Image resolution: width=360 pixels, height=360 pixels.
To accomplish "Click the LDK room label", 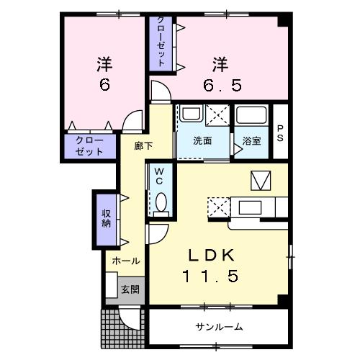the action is [212, 255].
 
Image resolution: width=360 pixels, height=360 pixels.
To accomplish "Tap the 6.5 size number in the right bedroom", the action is [222, 85].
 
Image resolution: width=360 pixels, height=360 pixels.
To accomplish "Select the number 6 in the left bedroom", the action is [104, 84].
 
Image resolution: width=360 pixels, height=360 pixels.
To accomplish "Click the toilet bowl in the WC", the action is [161, 202].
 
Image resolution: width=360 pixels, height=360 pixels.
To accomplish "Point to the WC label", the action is [159, 176].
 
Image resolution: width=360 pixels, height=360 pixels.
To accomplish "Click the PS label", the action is [280, 133].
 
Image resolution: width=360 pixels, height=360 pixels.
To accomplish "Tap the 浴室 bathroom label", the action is [251, 141].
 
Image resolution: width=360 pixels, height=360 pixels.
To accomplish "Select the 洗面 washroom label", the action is [202, 141].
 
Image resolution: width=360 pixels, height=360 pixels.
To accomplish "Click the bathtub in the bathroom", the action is [251, 114].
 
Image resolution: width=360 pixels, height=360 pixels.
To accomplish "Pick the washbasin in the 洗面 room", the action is [192, 114].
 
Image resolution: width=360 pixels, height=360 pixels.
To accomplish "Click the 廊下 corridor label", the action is [143, 146].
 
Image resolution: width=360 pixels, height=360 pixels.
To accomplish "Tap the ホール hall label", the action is [126, 261].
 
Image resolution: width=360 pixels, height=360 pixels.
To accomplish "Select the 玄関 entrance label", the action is [130, 289].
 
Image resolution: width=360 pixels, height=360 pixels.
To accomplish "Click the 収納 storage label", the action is [106, 218].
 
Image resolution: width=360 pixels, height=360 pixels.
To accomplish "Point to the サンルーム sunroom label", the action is [219, 327].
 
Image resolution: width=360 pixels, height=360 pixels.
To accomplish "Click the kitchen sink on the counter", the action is [250, 207].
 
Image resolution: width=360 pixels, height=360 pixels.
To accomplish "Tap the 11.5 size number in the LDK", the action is [210, 276].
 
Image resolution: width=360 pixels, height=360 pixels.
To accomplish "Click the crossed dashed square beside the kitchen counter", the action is [219, 207].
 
